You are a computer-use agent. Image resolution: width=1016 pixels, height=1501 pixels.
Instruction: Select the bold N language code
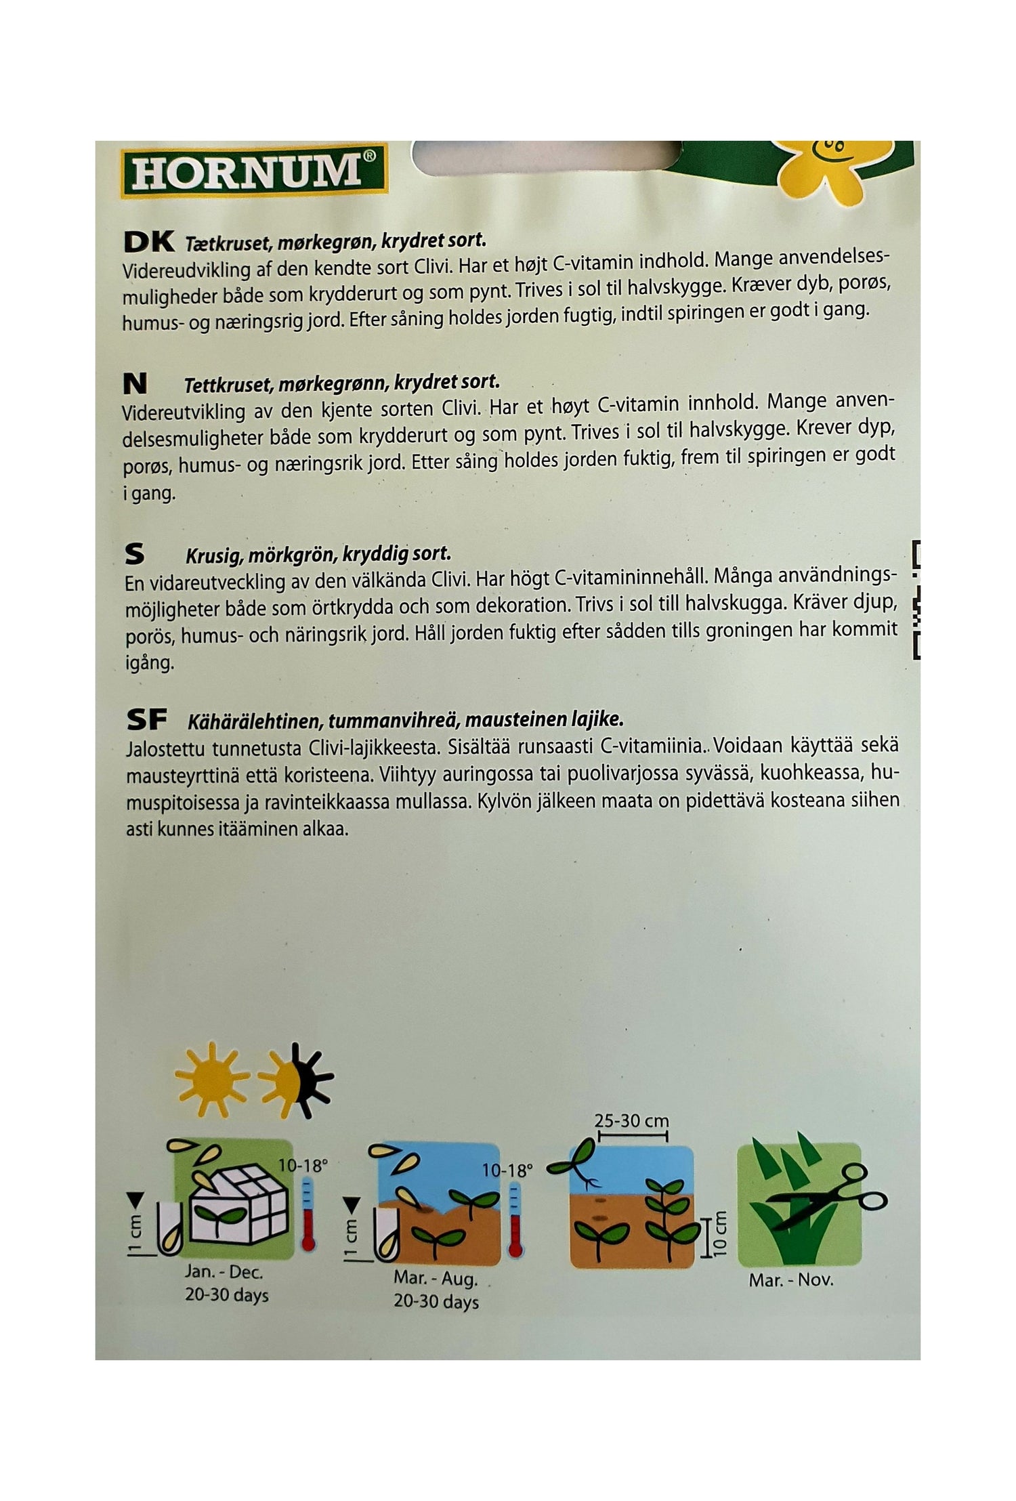[135, 384]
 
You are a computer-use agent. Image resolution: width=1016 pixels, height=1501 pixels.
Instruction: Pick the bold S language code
[135, 555]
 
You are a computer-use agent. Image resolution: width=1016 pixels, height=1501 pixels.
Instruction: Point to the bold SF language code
[146, 721]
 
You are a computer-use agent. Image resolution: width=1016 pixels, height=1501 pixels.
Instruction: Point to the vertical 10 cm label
[719, 1232]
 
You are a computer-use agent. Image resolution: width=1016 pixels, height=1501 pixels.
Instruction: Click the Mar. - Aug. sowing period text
[436, 1280]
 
